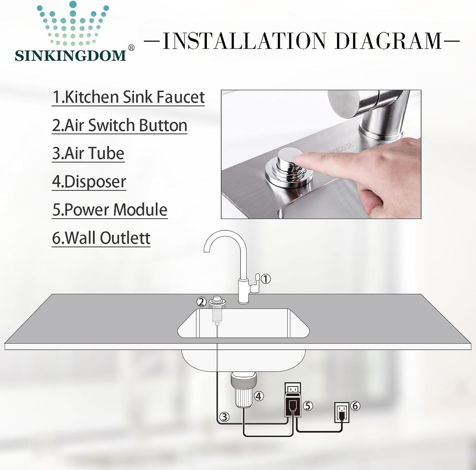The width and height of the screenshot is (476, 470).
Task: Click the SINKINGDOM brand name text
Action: pos(70,55)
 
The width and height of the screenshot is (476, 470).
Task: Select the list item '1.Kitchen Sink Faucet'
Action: pos(128,97)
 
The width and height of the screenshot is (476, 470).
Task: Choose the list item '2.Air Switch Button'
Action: pos(120,125)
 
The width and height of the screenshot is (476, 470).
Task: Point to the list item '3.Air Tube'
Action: pos(88,153)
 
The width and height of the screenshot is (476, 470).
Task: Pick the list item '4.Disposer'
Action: pos(89,182)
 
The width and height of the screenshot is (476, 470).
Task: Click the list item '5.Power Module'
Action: pos(110,210)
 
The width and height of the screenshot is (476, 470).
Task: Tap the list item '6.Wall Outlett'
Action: pos(101,238)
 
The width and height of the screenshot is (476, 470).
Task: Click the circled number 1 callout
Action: pos(266,279)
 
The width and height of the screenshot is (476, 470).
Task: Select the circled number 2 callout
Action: pos(201,301)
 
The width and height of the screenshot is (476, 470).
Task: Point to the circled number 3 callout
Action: pos(224,417)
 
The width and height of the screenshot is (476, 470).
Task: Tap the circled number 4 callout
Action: pos(259,396)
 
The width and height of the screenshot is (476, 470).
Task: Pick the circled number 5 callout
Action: pos(308,406)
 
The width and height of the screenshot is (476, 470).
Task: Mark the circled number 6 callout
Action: pos(355,406)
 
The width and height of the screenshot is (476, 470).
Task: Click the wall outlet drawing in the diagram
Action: pos(342,412)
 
